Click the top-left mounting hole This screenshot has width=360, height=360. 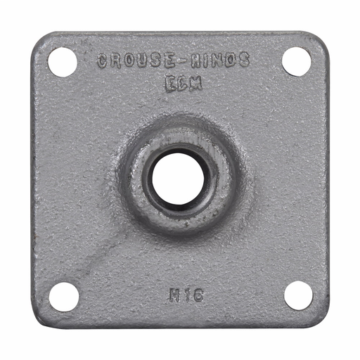(63, 62)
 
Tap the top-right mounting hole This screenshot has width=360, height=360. (297, 60)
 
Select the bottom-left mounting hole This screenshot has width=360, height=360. (64, 295)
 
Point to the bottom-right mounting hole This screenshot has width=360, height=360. (298, 295)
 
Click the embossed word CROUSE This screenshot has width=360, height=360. (129, 61)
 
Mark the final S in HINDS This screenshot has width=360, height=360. (243, 61)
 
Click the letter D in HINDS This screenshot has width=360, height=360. (229, 61)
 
